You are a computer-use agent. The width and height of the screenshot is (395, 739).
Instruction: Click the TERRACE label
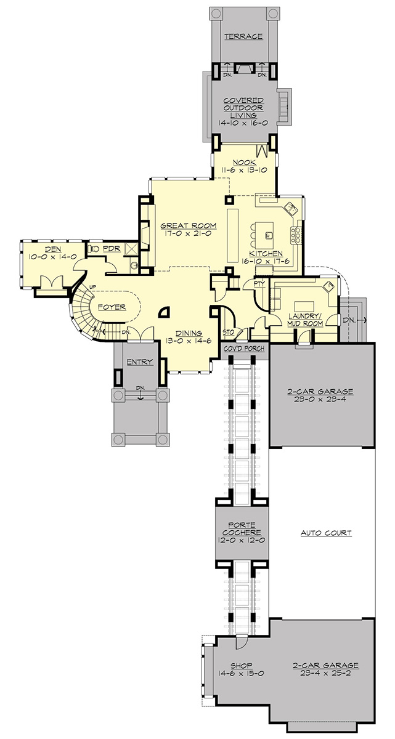pos(243,36)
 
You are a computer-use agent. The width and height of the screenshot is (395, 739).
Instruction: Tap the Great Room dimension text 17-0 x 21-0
pos(189,233)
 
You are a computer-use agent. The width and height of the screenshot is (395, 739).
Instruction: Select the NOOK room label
pos(244,163)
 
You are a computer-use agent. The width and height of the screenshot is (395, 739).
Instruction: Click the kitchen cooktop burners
pos(296,235)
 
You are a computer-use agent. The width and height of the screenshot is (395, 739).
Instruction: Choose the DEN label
pos(53,249)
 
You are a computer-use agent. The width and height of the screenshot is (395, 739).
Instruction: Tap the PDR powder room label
pos(112,249)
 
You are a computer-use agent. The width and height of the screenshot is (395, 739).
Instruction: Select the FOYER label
pos(112,307)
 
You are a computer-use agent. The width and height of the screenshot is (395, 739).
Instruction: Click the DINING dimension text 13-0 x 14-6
pos(189,341)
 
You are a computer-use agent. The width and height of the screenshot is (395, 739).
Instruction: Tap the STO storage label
pos(229,332)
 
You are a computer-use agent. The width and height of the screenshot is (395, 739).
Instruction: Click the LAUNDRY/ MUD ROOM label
pos(305,320)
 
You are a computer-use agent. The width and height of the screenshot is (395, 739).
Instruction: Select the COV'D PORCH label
pos(244,349)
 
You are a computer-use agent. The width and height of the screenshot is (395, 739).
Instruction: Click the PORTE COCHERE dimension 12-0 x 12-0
pos(242,541)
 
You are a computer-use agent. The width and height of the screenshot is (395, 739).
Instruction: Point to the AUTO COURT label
pos(326,533)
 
